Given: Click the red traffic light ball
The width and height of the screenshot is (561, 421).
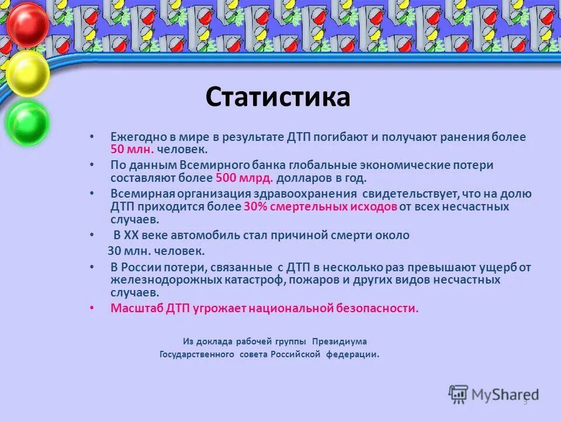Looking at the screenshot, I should pos(27,25).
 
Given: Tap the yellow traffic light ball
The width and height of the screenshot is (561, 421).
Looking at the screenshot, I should pos(27,74).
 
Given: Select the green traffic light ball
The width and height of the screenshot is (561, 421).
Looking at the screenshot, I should pos(27,122).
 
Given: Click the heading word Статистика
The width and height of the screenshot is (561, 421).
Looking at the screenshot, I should pos(278,97).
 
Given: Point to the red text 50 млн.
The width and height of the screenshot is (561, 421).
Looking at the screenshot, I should pos(132,149).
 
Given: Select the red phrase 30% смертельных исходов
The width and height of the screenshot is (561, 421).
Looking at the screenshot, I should pos(321,206).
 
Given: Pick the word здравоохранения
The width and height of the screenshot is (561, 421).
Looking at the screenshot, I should pos(304,194).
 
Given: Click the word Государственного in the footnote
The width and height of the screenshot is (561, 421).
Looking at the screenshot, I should pos(197,354).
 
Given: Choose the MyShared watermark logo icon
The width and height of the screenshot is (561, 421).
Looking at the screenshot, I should pos(458,394).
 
